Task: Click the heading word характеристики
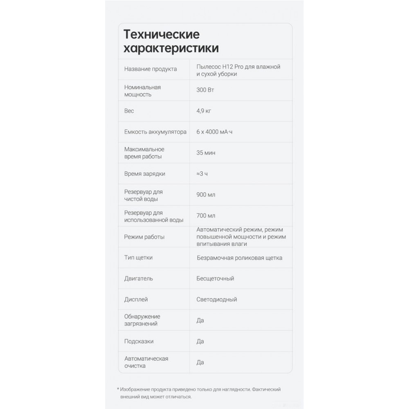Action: (171, 48)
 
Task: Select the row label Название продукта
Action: (151, 69)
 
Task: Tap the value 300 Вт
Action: (205, 90)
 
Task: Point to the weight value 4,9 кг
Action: (204, 111)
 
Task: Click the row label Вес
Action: (129, 111)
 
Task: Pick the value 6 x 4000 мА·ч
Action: (217, 132)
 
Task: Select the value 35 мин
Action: (206, 153)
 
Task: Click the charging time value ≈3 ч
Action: (202, 174)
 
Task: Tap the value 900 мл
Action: (206, 195)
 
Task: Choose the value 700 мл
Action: (206, 216)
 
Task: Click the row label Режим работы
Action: (144, 237)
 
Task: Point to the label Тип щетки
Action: (139, 258)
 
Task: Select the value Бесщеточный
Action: (215, 279)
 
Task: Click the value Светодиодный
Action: (217, 299)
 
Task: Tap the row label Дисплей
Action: (136, 299)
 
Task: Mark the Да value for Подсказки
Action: (200, 341)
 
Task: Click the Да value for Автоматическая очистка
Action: (200, 362)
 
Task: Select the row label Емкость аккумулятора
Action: (155, 132)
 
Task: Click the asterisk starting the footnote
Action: (118, 390)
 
